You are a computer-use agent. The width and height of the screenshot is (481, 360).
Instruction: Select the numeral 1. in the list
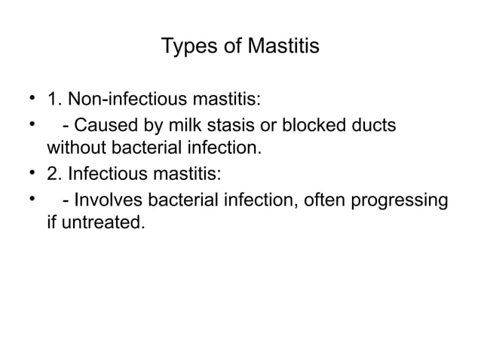54,100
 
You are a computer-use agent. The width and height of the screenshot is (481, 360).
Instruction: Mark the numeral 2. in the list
54,173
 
